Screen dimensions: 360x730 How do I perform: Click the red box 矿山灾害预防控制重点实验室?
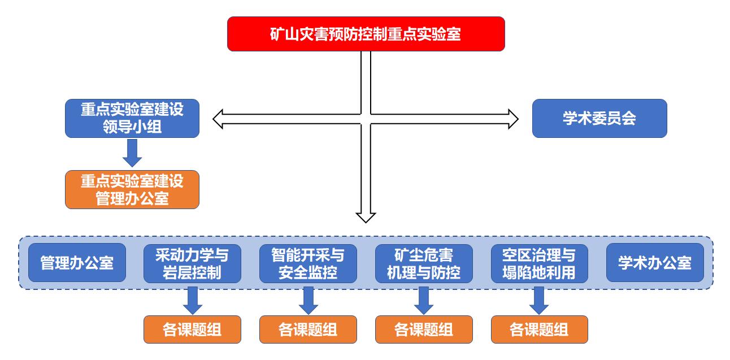366,34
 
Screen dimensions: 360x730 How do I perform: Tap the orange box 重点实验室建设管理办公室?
132,189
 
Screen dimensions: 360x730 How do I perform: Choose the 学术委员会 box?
599,119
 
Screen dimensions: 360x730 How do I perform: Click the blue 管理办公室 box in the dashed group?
77,263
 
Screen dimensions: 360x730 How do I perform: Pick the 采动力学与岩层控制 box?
192,263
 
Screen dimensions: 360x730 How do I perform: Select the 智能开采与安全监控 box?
308,263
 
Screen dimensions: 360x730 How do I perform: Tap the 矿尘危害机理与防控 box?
424,263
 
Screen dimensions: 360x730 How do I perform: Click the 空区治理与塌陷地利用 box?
539,263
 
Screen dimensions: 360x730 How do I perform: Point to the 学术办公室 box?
655,263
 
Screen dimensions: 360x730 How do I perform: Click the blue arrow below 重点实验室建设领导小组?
132,153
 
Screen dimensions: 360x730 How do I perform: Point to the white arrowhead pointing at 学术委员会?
512,119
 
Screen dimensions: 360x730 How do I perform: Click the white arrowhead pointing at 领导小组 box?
219,119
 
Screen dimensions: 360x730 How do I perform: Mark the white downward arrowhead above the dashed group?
366,216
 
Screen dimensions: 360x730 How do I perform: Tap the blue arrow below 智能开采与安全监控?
308,300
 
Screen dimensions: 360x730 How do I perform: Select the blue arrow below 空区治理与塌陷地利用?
539,300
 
